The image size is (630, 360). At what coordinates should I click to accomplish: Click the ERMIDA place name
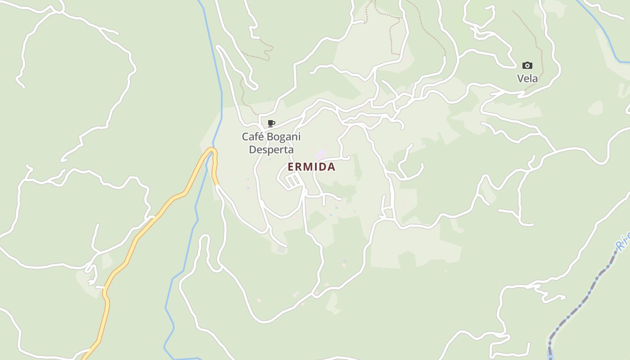[311, 167]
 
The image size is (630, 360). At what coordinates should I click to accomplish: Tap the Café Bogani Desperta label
[271, 143]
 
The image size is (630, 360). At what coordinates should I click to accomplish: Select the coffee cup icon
[271, 123]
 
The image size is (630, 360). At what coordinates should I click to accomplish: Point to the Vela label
[527, 79]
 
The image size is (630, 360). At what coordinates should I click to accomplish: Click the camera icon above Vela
[527, 66]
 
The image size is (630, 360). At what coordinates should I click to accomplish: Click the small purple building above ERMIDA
[320, 155]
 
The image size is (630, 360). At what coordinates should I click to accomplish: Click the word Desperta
[271, 150]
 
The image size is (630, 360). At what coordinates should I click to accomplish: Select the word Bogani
[283, 136]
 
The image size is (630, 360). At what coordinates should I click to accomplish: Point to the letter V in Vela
[521, 79]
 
